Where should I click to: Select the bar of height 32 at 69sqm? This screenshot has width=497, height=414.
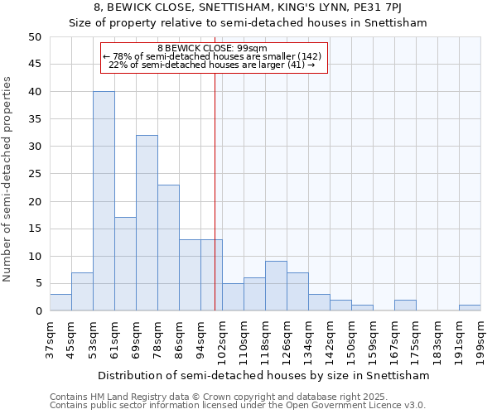147,223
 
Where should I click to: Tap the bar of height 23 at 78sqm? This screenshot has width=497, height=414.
168,248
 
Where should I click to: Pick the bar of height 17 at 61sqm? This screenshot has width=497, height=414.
125,264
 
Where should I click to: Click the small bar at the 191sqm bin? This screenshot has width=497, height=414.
470,308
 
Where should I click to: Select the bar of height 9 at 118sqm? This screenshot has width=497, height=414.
276,286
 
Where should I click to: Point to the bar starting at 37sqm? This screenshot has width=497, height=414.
60,302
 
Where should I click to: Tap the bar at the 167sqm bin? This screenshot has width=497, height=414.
405,306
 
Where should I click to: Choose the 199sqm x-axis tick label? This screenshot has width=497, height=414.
481,339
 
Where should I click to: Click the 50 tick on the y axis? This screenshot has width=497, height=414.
34,37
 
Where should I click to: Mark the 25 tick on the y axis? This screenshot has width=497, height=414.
34,174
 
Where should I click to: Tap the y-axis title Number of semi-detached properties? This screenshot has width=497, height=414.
8,179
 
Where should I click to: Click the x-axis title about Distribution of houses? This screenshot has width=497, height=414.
263,375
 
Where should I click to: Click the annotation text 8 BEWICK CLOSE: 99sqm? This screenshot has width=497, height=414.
214,48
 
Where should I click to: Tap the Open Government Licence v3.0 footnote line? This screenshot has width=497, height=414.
238,405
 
